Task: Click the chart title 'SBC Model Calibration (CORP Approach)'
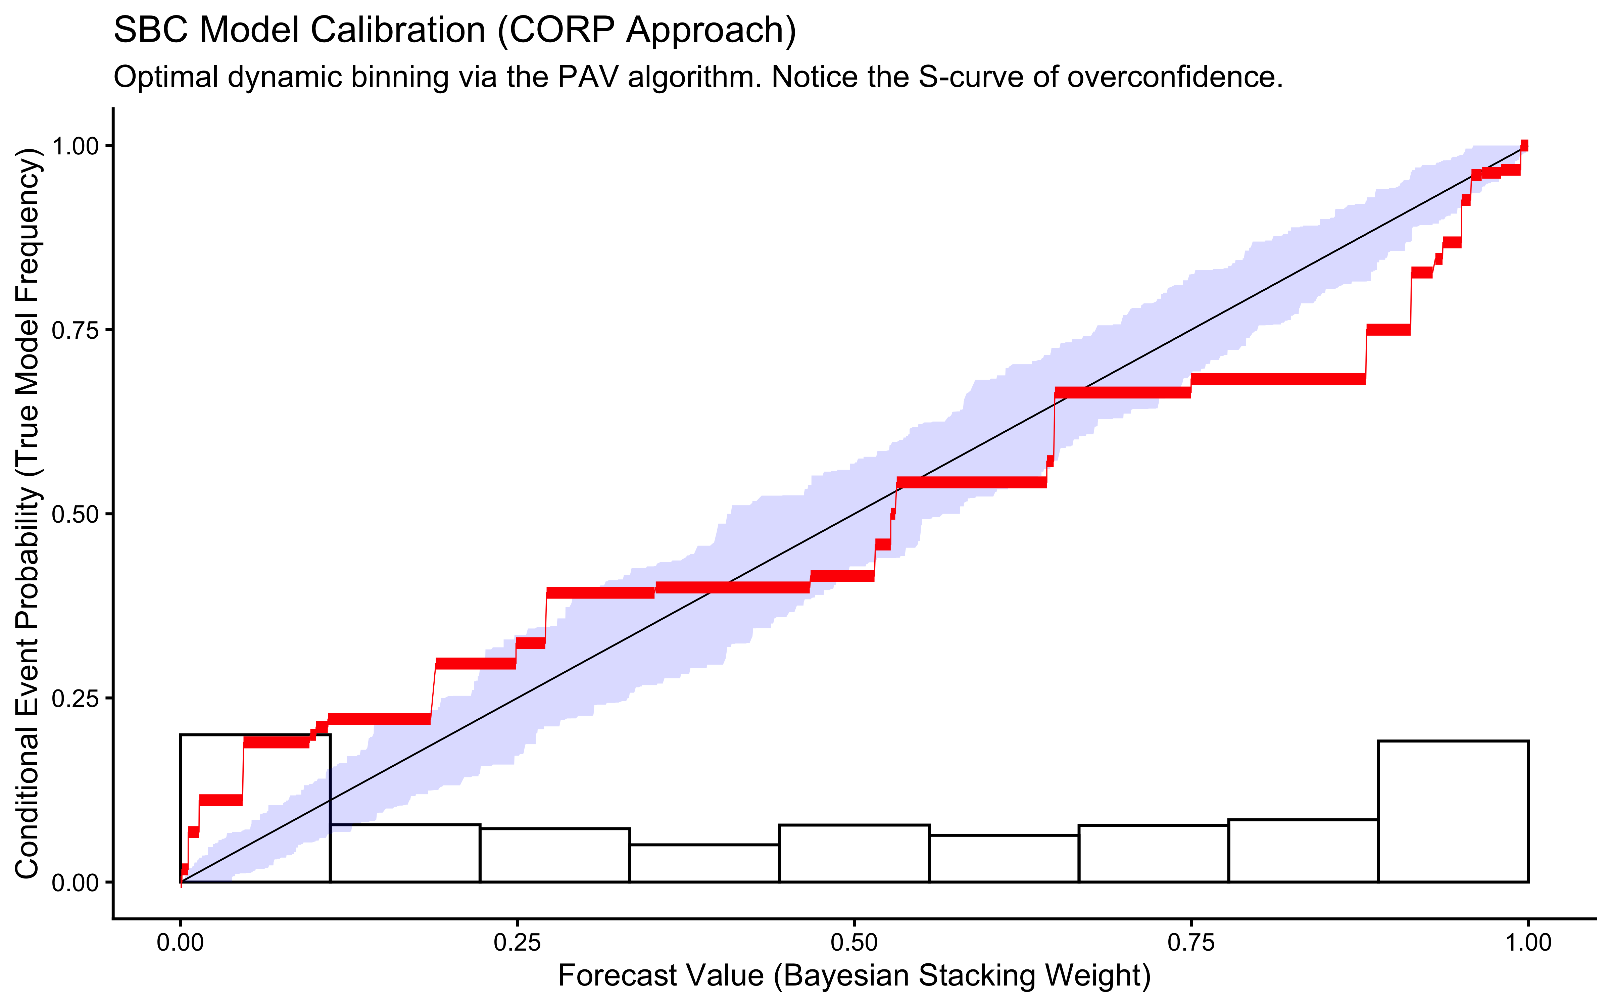pos(455,31)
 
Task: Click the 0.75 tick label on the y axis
pos(75,330)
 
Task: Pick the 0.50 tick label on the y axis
pos(75,514)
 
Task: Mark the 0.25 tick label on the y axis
pos(75,699)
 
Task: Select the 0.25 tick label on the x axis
pos(517,943)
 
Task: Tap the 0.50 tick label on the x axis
pos(854,943)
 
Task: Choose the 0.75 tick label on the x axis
pos(1191,943)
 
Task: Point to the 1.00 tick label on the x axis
pos(1528,943)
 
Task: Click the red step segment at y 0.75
pos(1388,330)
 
